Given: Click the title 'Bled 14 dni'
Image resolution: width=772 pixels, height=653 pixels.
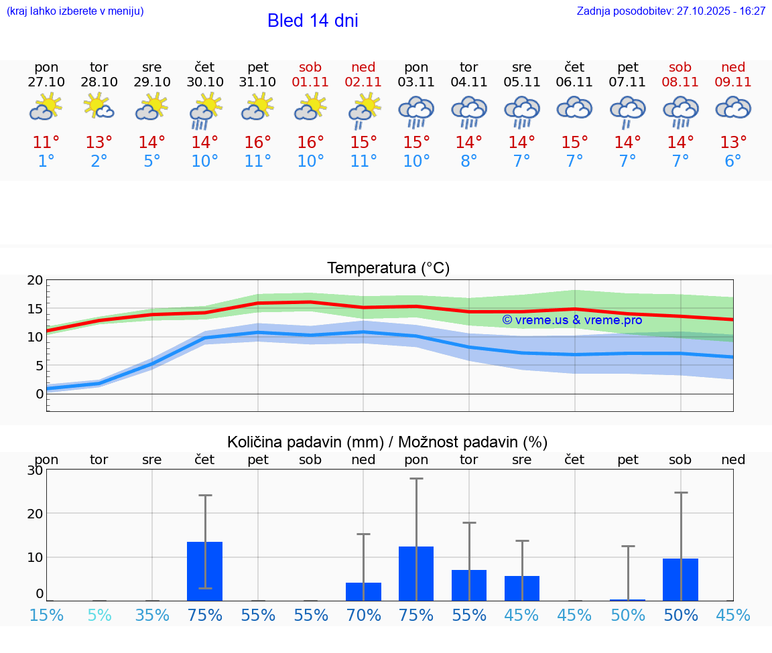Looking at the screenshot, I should tap(312, 21).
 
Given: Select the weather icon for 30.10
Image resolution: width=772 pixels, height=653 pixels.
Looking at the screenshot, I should tap(204, 111).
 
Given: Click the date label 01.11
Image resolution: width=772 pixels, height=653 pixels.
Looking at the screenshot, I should tap(310, 82).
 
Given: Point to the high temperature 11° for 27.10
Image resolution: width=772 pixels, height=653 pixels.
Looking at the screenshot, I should tap(46, 143).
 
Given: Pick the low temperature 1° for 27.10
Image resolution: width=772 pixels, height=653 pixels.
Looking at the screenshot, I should tap(46, 161).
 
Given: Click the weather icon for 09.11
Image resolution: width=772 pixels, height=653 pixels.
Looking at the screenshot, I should tap(733, 108).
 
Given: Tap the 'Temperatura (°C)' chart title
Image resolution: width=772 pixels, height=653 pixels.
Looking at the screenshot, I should tap(388, 269).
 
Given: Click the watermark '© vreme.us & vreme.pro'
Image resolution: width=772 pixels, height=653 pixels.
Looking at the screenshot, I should tap(572, 320).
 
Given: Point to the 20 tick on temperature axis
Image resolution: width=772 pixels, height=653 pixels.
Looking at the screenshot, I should tap(35, 281).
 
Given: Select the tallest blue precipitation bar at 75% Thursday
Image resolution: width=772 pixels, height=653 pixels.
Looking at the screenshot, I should tap(204, 571).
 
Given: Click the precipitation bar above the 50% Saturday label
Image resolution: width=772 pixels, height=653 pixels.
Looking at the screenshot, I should tap(680, 579).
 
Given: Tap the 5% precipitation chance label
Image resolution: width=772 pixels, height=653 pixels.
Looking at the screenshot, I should tap(99, 615).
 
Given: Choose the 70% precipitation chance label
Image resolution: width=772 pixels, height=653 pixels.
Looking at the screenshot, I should tap(363, 615).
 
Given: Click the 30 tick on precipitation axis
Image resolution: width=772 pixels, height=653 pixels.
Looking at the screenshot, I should tap(35, 470).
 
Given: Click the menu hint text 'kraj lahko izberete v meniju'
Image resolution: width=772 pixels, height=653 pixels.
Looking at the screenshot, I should tap(75, 11).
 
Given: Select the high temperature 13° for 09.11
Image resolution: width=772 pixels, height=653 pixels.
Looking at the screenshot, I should tap(733, 143).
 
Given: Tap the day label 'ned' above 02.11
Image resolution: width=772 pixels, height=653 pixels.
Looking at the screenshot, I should tap(363, 67).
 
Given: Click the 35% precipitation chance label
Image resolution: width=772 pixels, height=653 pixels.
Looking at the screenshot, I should tap(152, 615).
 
